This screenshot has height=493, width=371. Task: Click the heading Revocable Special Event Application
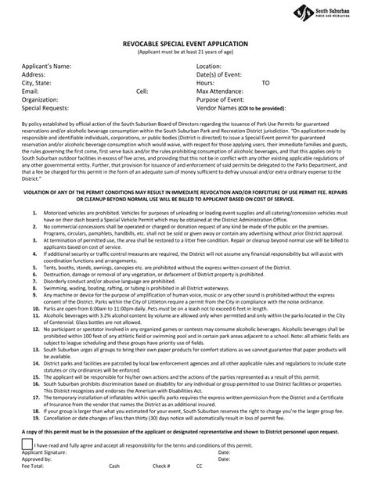click(x=185, y=45)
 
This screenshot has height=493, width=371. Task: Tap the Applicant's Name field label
click(x=46, y=67)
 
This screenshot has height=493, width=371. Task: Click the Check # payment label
click(x=162, y=466)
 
